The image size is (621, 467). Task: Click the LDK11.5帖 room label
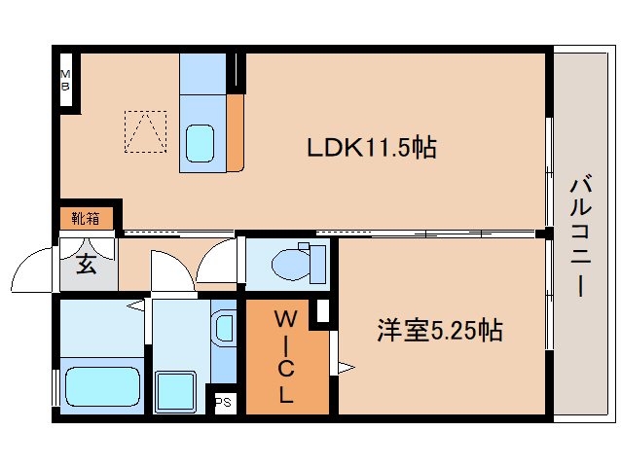point(371,148)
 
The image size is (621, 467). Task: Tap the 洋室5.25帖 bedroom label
point(439,330)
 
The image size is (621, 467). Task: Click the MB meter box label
point(66,80)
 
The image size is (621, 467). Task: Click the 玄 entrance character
point(87,263)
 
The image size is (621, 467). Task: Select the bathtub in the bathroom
point(101,385)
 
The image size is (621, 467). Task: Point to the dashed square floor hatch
point(145,131)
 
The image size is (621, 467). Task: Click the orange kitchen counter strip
point(235,132)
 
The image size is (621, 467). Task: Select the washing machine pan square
point(176,389)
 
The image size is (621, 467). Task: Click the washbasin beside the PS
point(224,327)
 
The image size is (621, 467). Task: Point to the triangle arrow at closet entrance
point(345,367)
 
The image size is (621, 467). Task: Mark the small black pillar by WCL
point(322,312)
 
